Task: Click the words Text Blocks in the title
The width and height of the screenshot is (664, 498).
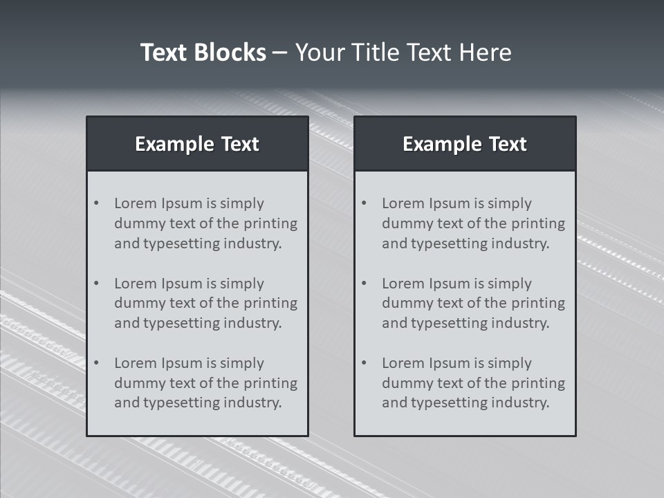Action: (203, 53)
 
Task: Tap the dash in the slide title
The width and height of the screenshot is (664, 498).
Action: (280, 53)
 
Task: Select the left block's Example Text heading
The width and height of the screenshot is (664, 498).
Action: (197, 144)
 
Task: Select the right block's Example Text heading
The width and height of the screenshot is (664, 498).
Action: (465, 144)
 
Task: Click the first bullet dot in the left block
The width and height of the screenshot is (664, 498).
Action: (96, 203)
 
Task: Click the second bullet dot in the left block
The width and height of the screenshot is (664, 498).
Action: (96, 284)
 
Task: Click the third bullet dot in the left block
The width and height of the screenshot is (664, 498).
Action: (96, 363)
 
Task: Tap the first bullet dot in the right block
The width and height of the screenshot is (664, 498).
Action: (364, 203)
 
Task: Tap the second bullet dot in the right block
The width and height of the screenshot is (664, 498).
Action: (364, 284)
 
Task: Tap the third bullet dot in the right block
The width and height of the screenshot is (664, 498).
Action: (364, 363)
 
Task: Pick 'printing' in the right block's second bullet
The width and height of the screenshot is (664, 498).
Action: (539, 303)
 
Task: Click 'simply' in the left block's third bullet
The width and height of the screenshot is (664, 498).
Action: (243, 363)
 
